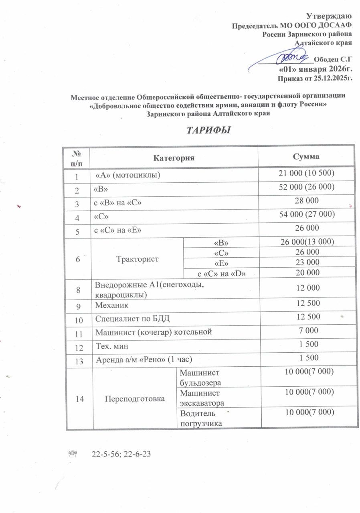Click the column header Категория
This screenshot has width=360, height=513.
174,157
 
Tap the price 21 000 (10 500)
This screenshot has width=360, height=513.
307,173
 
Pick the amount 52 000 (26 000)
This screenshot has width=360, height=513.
307,187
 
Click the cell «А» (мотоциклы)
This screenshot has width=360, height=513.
128,175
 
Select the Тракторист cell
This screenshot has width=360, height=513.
136,259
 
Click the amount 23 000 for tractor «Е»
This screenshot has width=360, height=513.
307,262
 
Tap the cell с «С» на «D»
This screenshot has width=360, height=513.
222,273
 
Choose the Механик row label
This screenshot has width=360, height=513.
112,305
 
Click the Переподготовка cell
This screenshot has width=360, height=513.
135,399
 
